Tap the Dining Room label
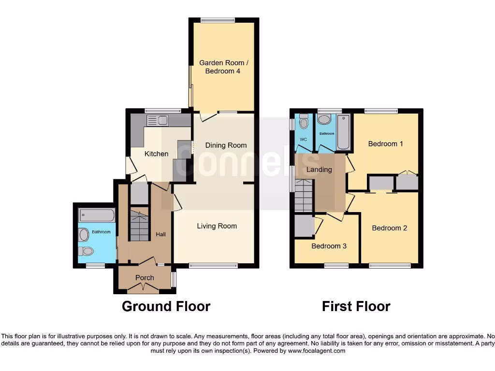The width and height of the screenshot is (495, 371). coord(226,145)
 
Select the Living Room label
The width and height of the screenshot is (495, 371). coord(217,226)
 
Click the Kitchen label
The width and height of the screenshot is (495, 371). coord(157,154)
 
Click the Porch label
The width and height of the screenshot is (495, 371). coord(145,278)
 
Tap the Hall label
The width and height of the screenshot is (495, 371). coord(160,234)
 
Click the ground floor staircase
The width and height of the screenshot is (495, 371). coord(139,227)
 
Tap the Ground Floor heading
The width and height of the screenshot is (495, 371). coord(166,306)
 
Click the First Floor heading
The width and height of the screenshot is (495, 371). coord(356,306)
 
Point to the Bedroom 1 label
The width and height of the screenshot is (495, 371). coord(385,143)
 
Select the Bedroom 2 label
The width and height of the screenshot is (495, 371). coord(389,228)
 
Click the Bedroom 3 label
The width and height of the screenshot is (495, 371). coord(329,246)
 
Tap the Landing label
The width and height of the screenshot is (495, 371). coord(319,170)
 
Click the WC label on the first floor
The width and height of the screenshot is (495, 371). coord(304,140)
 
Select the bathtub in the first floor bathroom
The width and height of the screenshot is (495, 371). coord(343,132)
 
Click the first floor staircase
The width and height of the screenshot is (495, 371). coord(304,195)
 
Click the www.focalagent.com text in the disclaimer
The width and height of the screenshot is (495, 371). coord(316,351)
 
